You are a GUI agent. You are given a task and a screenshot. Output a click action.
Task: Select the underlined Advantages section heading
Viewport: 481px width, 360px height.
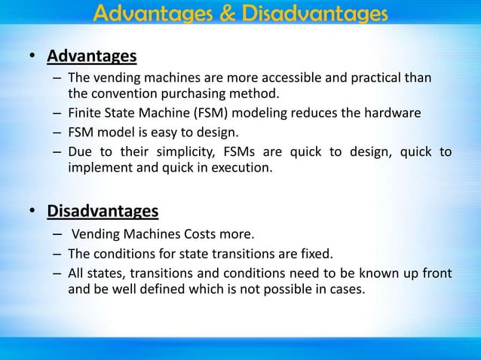click(x=92, y=57)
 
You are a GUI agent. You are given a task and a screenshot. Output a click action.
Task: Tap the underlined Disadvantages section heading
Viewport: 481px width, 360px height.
click(x=103, y=208)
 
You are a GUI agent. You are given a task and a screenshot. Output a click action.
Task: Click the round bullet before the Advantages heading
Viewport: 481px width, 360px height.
click(x=32, y=58)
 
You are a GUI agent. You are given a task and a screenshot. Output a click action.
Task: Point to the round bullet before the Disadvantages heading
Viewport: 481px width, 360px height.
click(x=32, y=209)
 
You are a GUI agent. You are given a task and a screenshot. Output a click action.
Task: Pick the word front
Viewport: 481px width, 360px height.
click(x=437, y=273)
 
